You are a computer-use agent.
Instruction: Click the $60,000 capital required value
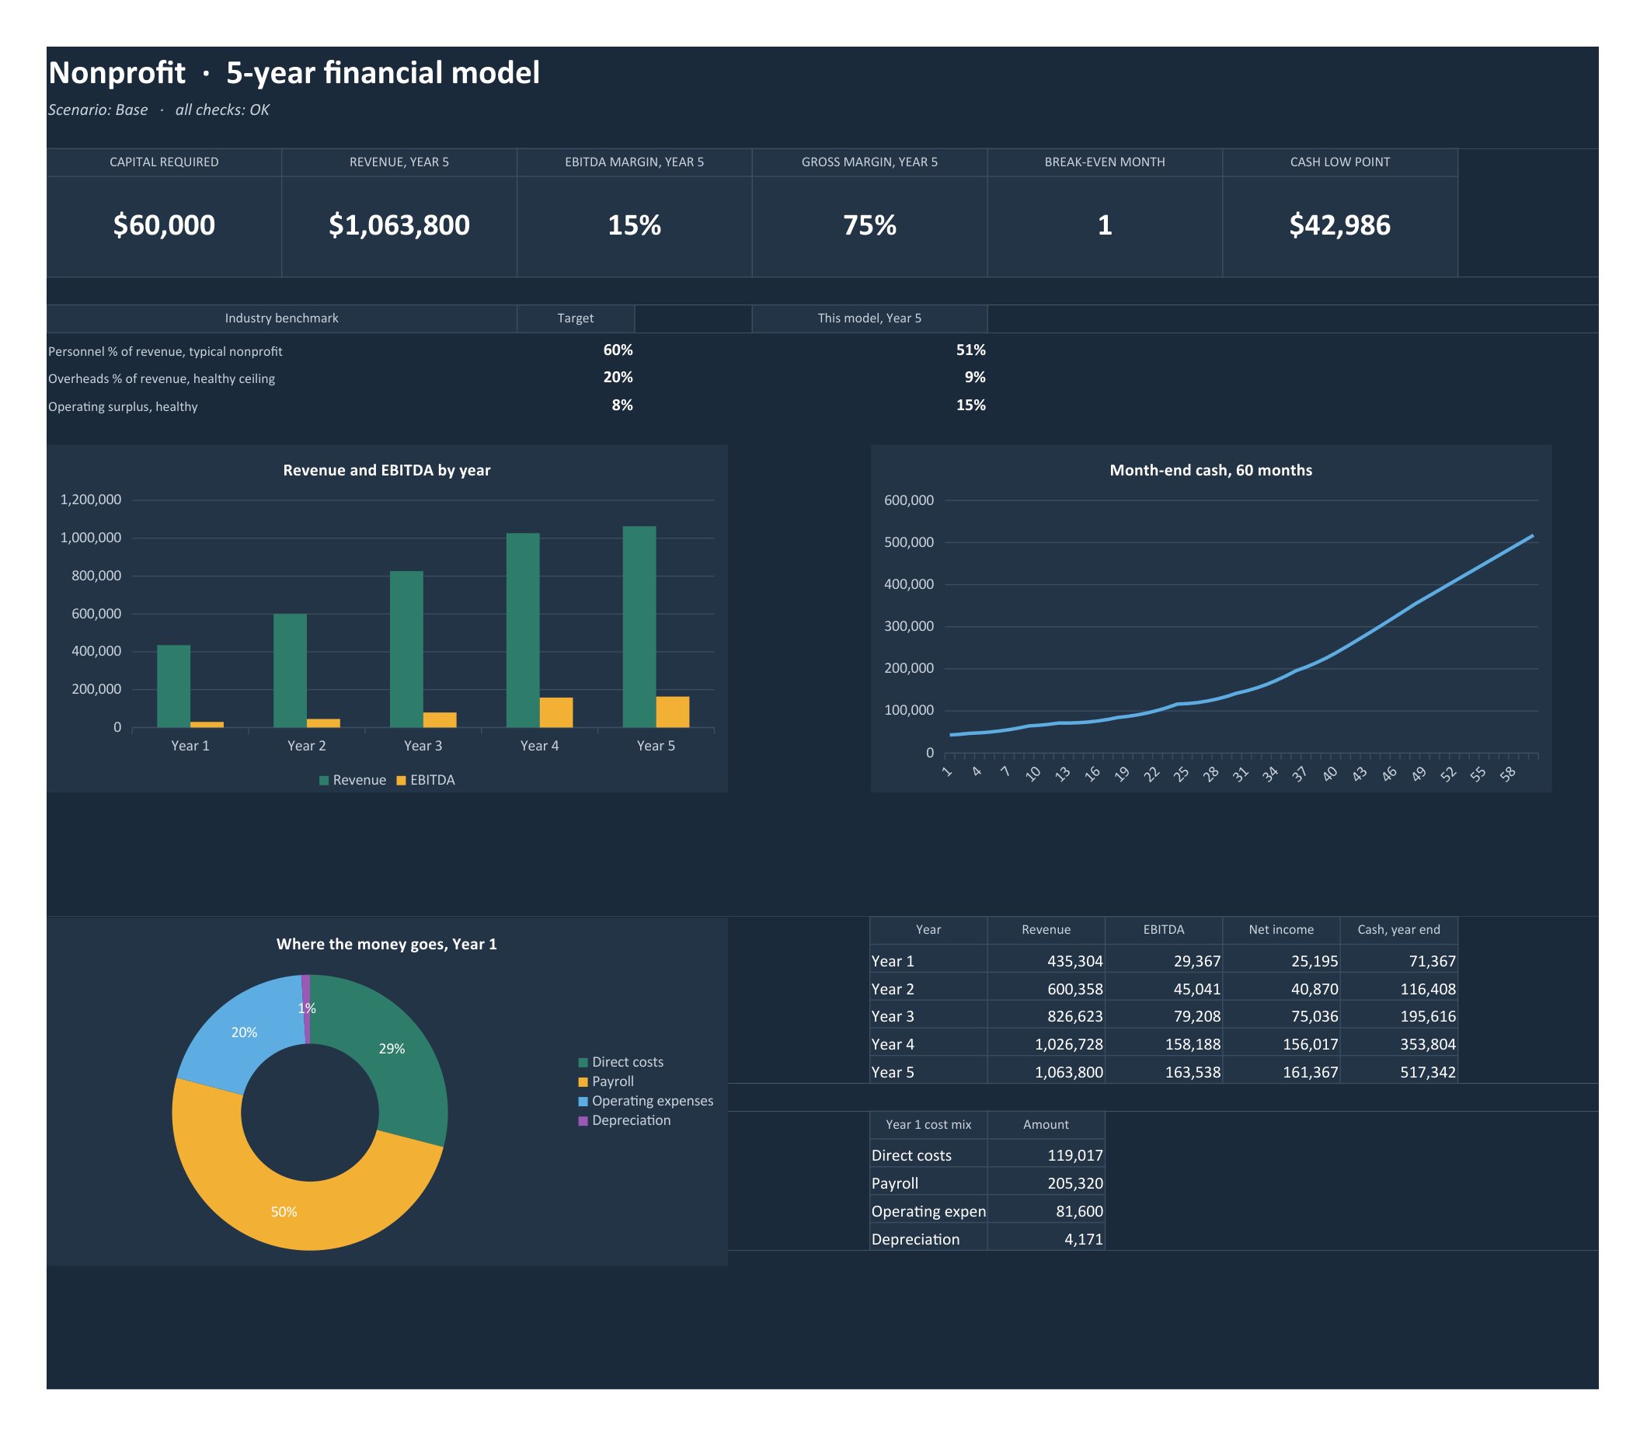point(164,225)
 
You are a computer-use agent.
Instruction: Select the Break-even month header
point(1105,162)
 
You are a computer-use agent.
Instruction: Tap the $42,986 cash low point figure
point(1339,225)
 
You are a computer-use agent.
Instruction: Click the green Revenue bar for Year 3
point(406,649)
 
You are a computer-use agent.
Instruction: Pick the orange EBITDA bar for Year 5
point(673,712)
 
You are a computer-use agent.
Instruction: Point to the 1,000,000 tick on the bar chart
point(91,538)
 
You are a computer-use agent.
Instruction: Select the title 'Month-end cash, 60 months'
point(1210,470)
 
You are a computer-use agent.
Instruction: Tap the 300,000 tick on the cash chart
point(909,626)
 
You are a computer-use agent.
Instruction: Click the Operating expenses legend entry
point(646,1101)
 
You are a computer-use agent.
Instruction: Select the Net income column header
point(1281,929)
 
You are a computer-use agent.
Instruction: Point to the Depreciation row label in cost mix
point(915,1239)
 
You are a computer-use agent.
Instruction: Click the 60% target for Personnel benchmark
point(618,350)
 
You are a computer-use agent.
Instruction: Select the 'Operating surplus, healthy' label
point(123,407)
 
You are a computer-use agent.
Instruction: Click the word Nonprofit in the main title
point(117,73)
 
